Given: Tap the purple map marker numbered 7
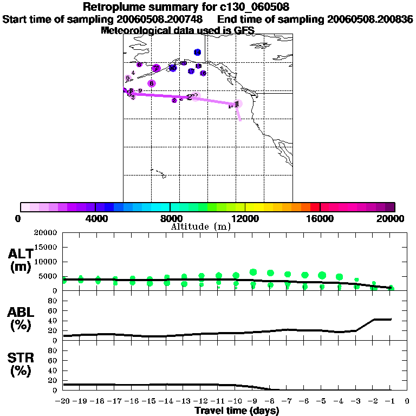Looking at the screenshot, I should click(x=156, y=68).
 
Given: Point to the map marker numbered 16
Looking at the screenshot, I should click(x=191, y=71).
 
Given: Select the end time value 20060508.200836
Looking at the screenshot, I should click(x=370, y=19).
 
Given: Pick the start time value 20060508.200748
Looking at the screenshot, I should click(x=160, y=19).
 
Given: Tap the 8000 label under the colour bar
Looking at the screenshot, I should click(x=170, y=218).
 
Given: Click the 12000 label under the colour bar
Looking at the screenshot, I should click(x=245, y=218).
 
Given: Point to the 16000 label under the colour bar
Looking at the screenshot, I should click(x=320, y=218).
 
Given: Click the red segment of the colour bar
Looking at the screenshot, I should click(x=315, y=207).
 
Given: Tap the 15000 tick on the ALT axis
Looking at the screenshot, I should click(x=48, y=247).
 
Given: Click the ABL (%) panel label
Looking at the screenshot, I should click(x=21, y=320).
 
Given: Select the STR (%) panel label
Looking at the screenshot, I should click(x=21, y=364).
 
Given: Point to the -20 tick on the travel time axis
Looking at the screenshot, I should click(x=63, y=401).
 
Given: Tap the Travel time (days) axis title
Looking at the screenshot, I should click(x=237, y=411).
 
